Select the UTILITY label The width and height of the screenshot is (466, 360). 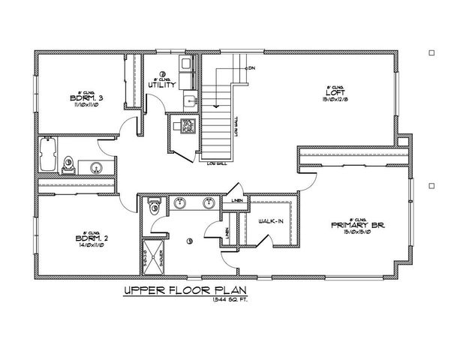pyautogui.click(x=162, y=85)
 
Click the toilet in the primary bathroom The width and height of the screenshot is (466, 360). pyautogui.click(x=154, y=204)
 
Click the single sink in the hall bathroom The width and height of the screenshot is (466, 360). pyautogui.click(x=97, y=166)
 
